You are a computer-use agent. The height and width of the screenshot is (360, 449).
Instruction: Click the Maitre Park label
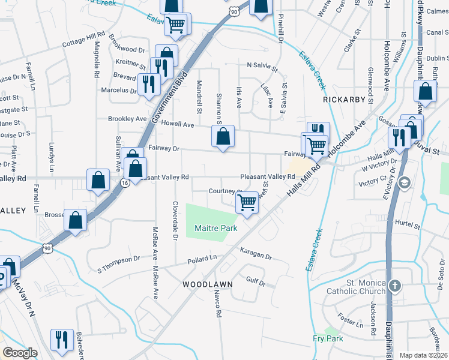[215, 228]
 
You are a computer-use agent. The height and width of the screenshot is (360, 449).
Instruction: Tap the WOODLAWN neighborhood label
[203, 283]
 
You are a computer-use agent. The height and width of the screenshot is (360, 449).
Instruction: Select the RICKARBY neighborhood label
[344, 100]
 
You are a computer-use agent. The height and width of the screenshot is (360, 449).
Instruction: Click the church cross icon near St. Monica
[394, 286]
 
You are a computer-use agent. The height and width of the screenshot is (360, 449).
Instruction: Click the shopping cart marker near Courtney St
[247, 203]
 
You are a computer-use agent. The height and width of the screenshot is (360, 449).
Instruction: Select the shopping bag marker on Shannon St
[223, 137]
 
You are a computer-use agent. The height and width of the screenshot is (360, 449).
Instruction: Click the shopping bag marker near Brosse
[76, 220]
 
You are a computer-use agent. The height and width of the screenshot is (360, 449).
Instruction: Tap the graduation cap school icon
[405, 182]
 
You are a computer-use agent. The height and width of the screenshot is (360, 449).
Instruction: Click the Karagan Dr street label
[255, 254]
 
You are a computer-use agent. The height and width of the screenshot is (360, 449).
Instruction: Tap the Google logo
[20, 353]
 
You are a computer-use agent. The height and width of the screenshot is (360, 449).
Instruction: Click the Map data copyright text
[423, 355]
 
